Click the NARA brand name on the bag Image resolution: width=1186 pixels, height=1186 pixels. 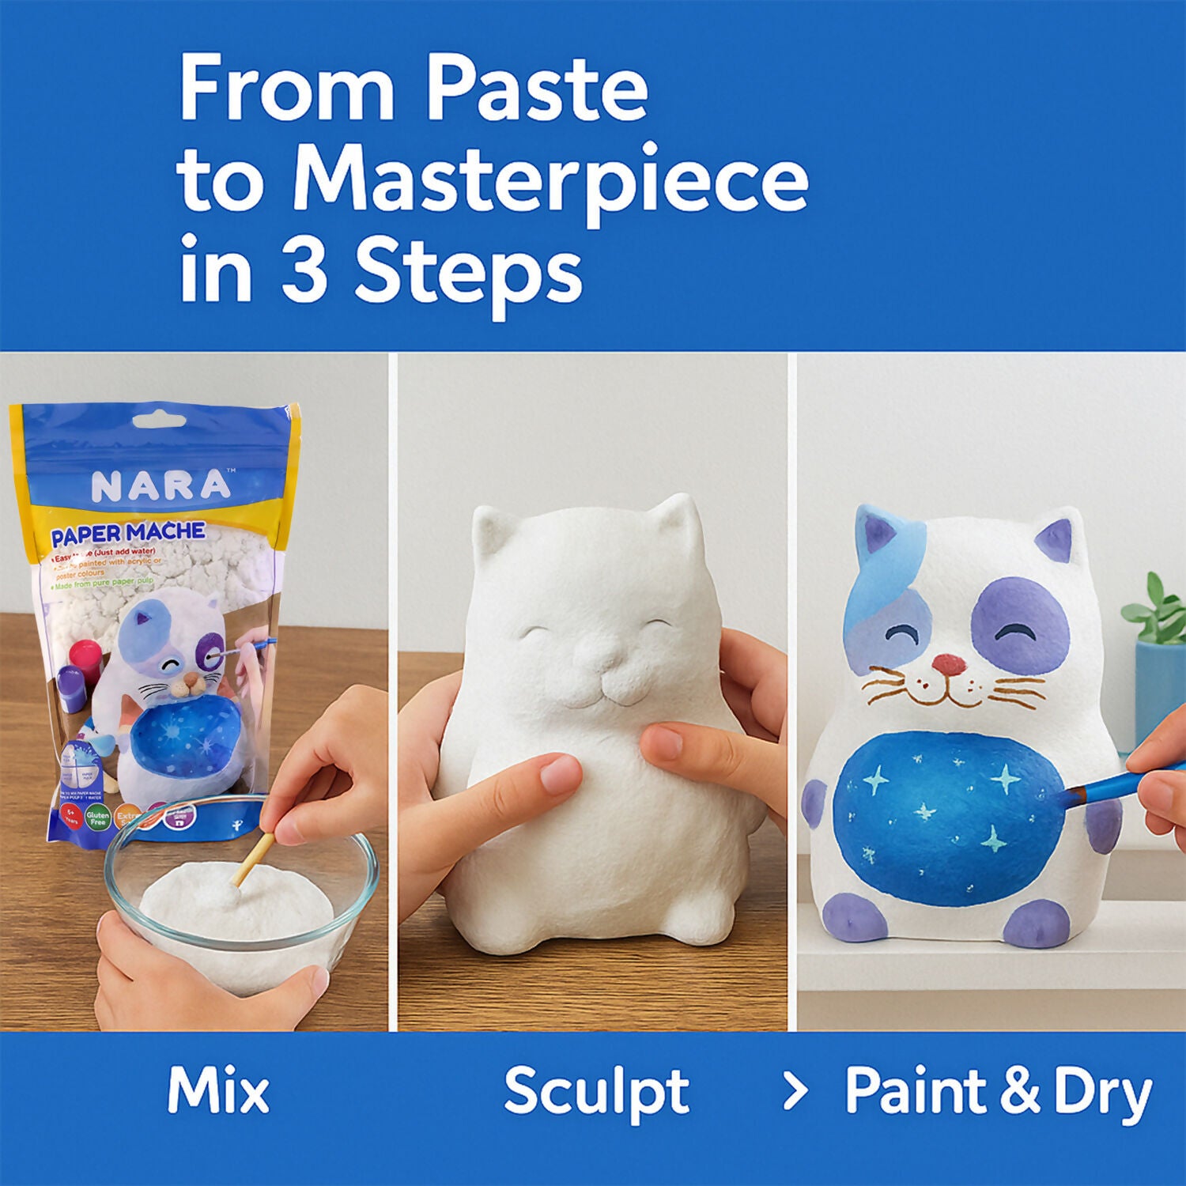point(161,486)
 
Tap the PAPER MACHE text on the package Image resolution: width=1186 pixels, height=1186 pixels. point(128,534)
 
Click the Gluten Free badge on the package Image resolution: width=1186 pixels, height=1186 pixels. point(97,818)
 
